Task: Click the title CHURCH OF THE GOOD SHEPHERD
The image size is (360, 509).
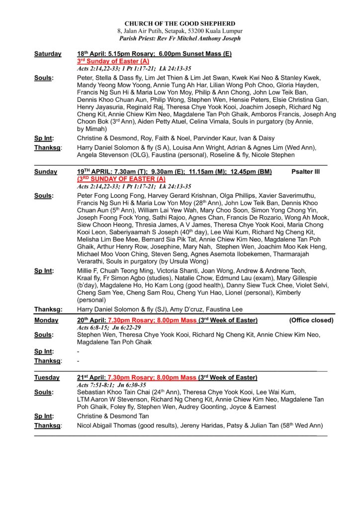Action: (180, 23)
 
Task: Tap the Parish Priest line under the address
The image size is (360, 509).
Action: (180, 38)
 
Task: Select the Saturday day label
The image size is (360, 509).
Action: (48, 54)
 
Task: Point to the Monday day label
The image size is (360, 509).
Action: (46, 320)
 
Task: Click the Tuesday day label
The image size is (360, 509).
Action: (47, 378)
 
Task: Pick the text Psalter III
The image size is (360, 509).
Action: (306, 171)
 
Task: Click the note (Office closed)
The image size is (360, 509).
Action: (311, 320)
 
